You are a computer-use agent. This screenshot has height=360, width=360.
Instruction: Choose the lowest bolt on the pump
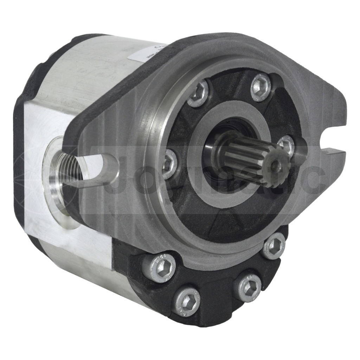[x=186, y=302]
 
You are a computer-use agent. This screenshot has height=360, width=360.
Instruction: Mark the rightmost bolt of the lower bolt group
[x=274, y=246]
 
